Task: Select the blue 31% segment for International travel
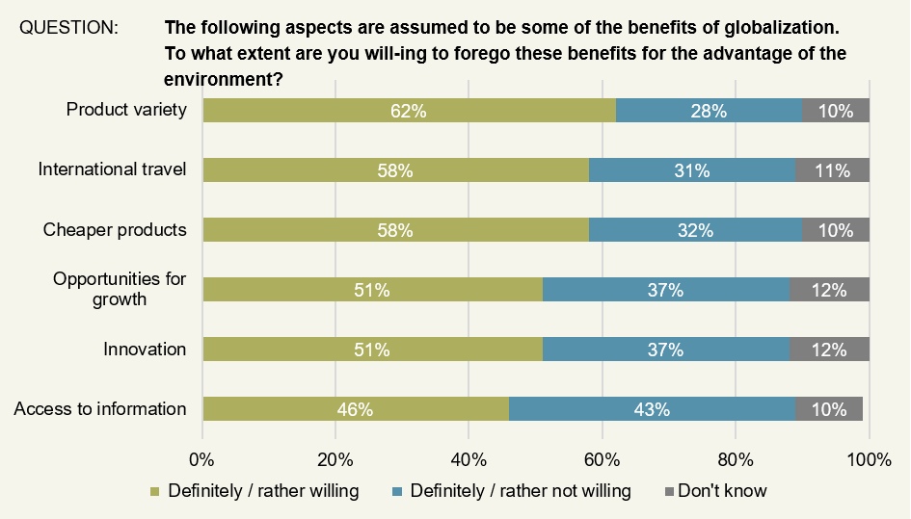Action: click(692, 170)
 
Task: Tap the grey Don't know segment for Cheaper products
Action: click(835, 230)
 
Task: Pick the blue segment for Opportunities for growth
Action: click(665, 290)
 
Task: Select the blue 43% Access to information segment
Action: click(653, 409)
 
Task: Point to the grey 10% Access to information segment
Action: click(829, 409)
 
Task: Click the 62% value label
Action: click(409, 111)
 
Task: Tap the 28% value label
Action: click(709, 111)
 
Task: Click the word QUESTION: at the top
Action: click(68, 28)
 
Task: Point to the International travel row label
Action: click(112, 170)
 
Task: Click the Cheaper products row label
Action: click(115, 230)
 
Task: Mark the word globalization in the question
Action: click(775, 28)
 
